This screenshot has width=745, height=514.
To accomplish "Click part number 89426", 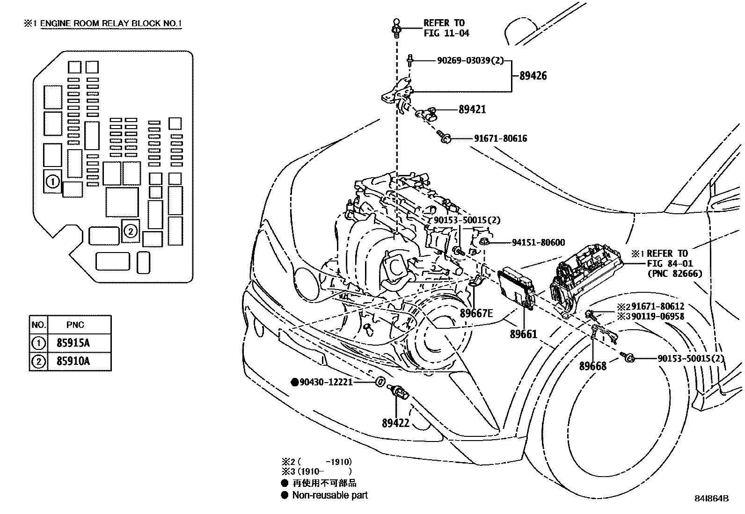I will [533, 76].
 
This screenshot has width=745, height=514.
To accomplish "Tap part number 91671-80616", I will [500, 138].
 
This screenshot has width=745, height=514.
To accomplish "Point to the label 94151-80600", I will [538, 243].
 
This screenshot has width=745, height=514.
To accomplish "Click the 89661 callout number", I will [523, 334].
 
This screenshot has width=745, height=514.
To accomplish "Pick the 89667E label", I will [476, 313].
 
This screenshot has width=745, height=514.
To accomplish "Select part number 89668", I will [592, 366].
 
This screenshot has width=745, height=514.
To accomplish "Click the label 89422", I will [395, 423].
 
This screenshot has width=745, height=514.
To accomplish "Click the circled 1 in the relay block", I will [53, 181].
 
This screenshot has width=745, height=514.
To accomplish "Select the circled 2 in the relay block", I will [131, 231].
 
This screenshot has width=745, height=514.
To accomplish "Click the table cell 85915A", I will [73, 343].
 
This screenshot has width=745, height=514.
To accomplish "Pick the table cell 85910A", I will [73, 362].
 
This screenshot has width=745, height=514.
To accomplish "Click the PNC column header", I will [75, 325].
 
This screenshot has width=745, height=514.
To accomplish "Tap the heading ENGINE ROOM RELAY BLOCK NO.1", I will [111, 24].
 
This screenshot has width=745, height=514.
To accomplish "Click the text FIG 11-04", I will [446, 33].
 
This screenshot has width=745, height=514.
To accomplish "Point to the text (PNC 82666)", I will [675, 274].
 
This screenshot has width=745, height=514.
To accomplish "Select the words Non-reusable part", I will [330, 495].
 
